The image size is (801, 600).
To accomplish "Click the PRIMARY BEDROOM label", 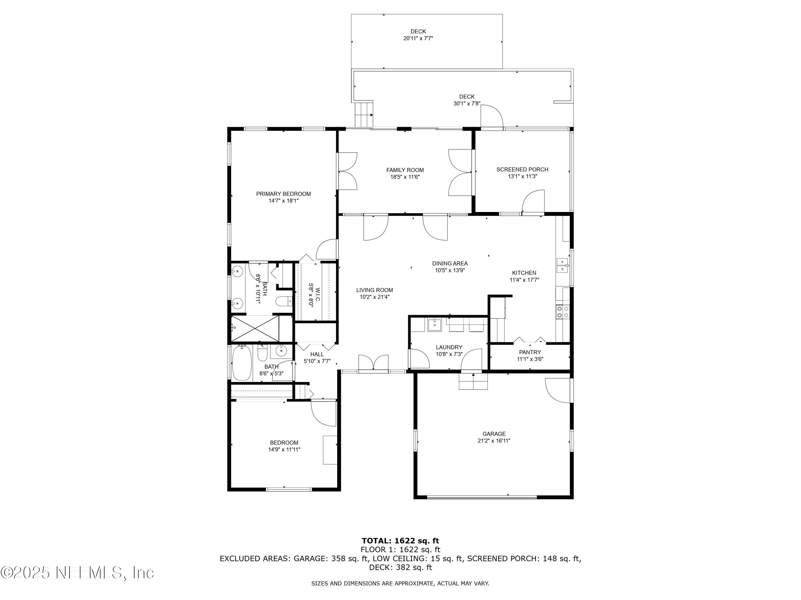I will (283, 194).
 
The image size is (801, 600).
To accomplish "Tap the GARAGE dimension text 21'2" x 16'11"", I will (494, 441).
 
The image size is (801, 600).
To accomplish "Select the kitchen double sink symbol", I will (562, 265).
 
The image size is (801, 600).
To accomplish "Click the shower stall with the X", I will (255, 328).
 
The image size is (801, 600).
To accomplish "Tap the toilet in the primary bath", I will (284, 301).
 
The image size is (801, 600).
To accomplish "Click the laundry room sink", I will (434, 325).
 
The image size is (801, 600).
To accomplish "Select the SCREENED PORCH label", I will (522, 169).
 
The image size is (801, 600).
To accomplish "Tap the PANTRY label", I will (530, 352).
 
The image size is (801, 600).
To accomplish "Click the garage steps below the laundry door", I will (473, 382).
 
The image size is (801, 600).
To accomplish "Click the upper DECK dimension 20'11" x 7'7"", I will (418, 38).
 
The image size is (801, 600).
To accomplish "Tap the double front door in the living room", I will (373, 363).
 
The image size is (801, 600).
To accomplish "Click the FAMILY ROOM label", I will (405, 170).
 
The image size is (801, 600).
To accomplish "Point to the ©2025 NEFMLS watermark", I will (77, 573).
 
